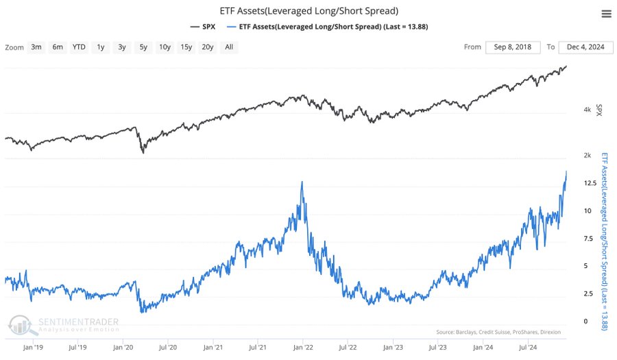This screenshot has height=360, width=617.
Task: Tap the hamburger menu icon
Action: pyautogui.click(x=605, y=14)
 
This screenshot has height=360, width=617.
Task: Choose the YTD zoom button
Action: pyautogui.click(x=80, y=47)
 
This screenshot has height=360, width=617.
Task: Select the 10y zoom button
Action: pyautogui.click(x=165, y=47)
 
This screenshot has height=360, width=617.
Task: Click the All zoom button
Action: pyautogui.click(x=228, y=47)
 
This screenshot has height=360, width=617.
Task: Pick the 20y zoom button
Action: pyautogui.click(x=208, y=47)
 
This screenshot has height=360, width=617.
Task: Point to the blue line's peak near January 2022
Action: pyautogui.click(x=302, y=182)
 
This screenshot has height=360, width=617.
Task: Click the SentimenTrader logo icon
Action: pyautogui.click(x=20, y=324)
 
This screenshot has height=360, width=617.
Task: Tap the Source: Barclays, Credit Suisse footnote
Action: pyautogui.click(x=498, y=332)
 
